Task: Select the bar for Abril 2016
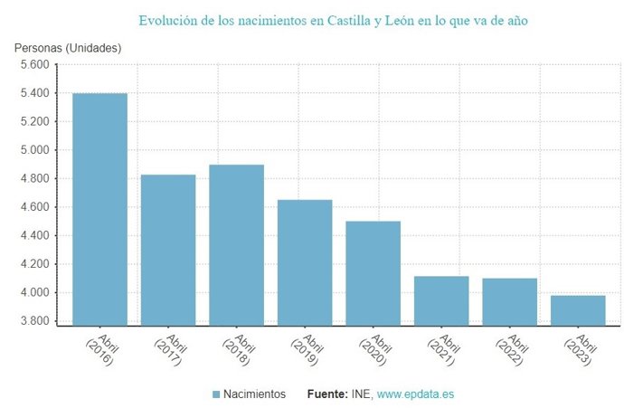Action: tap(99, 208)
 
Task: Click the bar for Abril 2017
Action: tap(168, 249)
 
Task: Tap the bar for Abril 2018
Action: tap(236, 244)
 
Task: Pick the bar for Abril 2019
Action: tap(305, 261)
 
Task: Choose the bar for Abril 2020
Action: tap(373, 272)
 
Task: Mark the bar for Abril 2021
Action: tap(441, 300)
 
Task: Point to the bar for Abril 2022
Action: tap(509, 301)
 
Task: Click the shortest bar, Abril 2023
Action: tap(578, 309)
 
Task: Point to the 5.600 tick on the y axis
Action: tap(35, 65)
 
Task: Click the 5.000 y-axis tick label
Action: tap(35, 150)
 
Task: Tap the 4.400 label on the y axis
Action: tap(35, 236)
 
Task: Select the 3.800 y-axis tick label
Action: tap(35, 321)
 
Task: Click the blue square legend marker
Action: tap(216, 394)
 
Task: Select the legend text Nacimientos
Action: tap(255, 394)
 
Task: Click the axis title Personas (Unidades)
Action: tap(68, 47)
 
